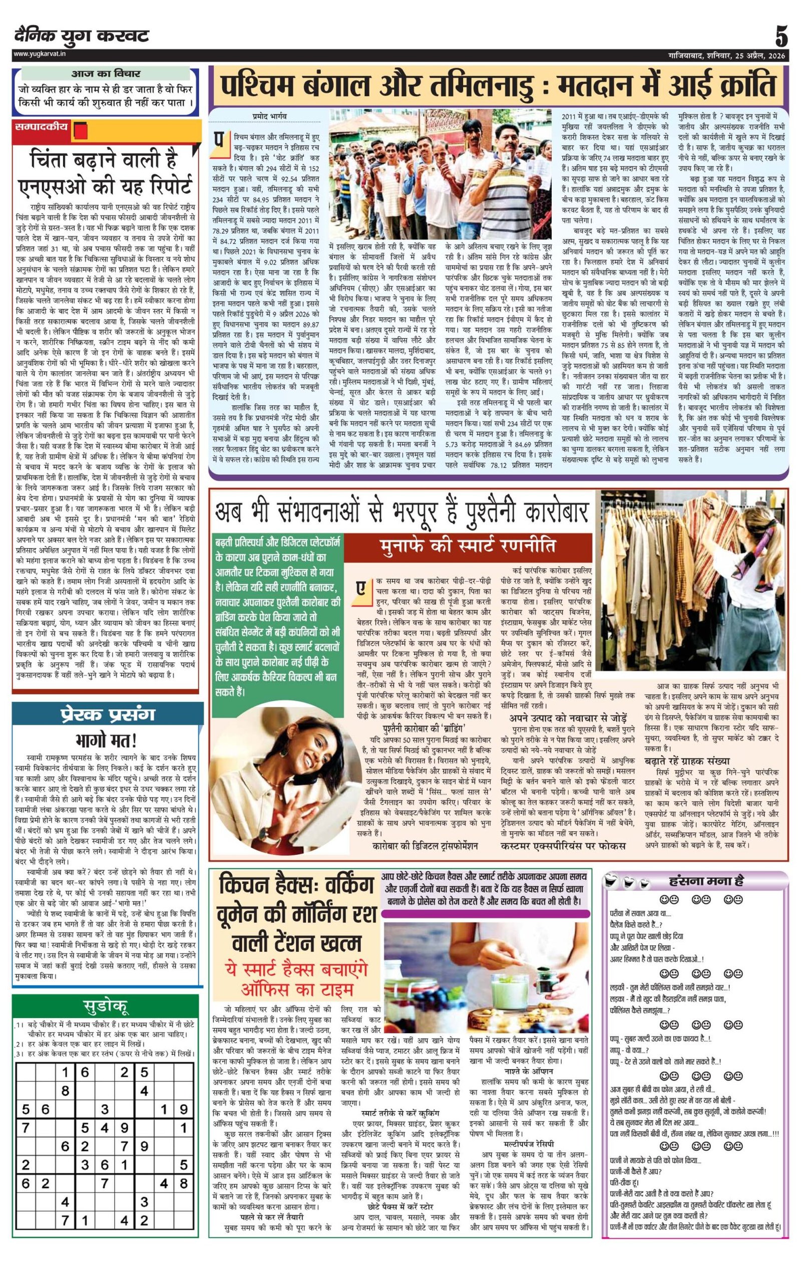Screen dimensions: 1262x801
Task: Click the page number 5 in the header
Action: click(x=780, y=37)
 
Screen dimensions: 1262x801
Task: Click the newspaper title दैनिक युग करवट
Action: click(x=82, y=36)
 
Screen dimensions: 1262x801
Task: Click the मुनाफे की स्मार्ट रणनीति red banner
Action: click(x=468, y=546)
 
